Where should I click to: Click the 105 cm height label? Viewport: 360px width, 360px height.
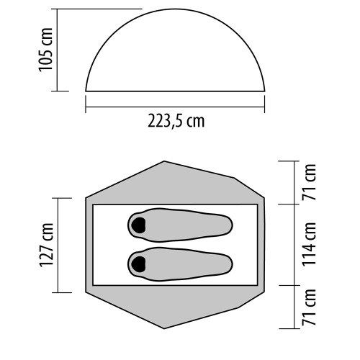[45, 50]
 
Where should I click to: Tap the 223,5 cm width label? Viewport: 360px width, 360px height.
[176, 121]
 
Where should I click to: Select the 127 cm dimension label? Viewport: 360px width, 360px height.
[46, 245]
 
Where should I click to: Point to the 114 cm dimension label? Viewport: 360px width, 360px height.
[309, 244]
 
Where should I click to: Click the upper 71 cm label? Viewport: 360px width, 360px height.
[309, 182]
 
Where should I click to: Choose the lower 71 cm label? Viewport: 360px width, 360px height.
[309, 307]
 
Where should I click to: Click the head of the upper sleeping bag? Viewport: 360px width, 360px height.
[138, 225]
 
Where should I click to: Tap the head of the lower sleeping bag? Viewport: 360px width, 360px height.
[138, 264]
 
